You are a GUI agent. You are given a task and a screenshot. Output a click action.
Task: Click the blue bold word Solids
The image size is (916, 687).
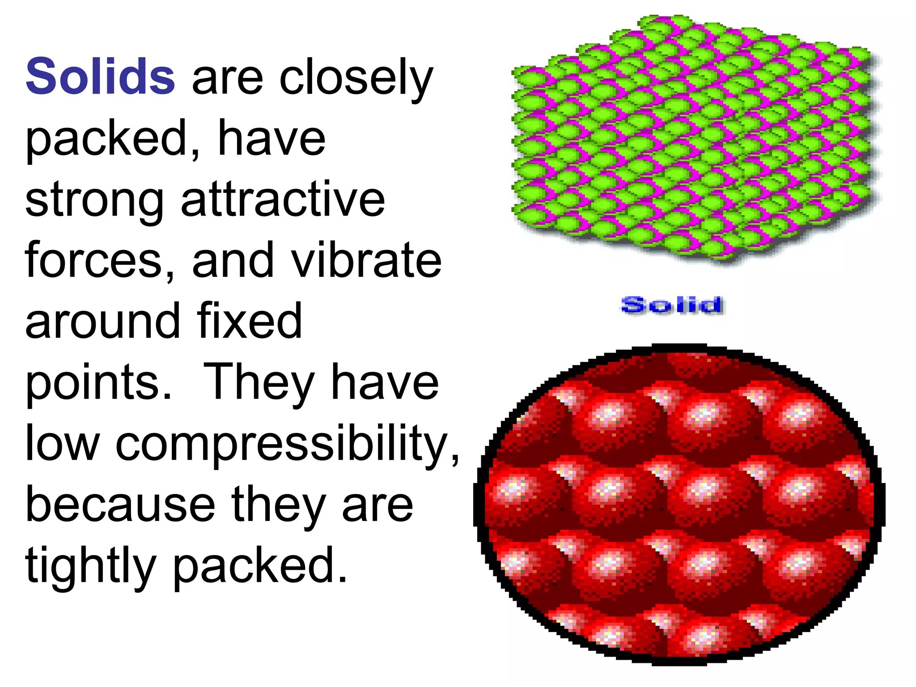tap(100, 77)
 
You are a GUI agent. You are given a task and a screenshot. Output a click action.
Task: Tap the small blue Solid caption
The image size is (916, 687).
tap(672, 305)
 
